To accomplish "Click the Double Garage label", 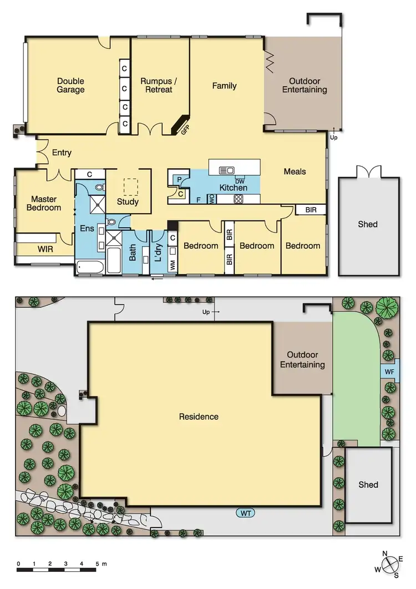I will click(71, 85).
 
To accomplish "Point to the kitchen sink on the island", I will click(227, 170).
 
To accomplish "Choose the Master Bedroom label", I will click(45, 203).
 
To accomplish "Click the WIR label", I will click(45, 249).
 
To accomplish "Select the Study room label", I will click(128, 202).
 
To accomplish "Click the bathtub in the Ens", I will click(88, 267).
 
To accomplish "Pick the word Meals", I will click(295, 172).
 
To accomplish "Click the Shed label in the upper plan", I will click(368, 224).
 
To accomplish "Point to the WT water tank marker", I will click(246, 514).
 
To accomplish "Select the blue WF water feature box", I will click(389, 371).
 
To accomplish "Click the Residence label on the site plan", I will click(199, 416).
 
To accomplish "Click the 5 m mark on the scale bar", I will click(97, 563).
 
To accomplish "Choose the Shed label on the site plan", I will click(368, 485).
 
